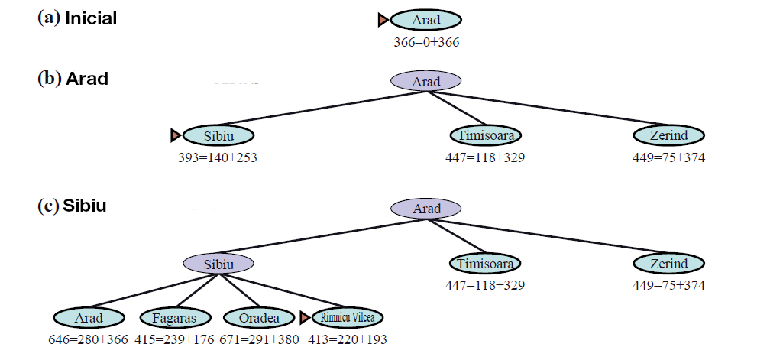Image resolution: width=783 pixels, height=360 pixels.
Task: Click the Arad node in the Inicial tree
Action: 425,20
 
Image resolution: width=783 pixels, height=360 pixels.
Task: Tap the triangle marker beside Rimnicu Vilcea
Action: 304,317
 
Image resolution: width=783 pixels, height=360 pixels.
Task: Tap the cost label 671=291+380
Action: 259,339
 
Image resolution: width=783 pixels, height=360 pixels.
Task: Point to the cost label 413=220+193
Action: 343,339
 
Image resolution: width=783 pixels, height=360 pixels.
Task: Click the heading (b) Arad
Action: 73,79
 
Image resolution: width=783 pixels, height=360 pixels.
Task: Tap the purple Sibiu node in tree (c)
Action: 218,264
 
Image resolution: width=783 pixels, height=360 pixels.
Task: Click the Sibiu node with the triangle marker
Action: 218,135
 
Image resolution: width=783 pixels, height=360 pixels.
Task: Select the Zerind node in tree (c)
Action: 668,264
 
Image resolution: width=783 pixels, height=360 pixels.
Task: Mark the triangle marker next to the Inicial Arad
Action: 383,20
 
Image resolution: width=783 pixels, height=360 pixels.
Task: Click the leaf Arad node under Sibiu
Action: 89,317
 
